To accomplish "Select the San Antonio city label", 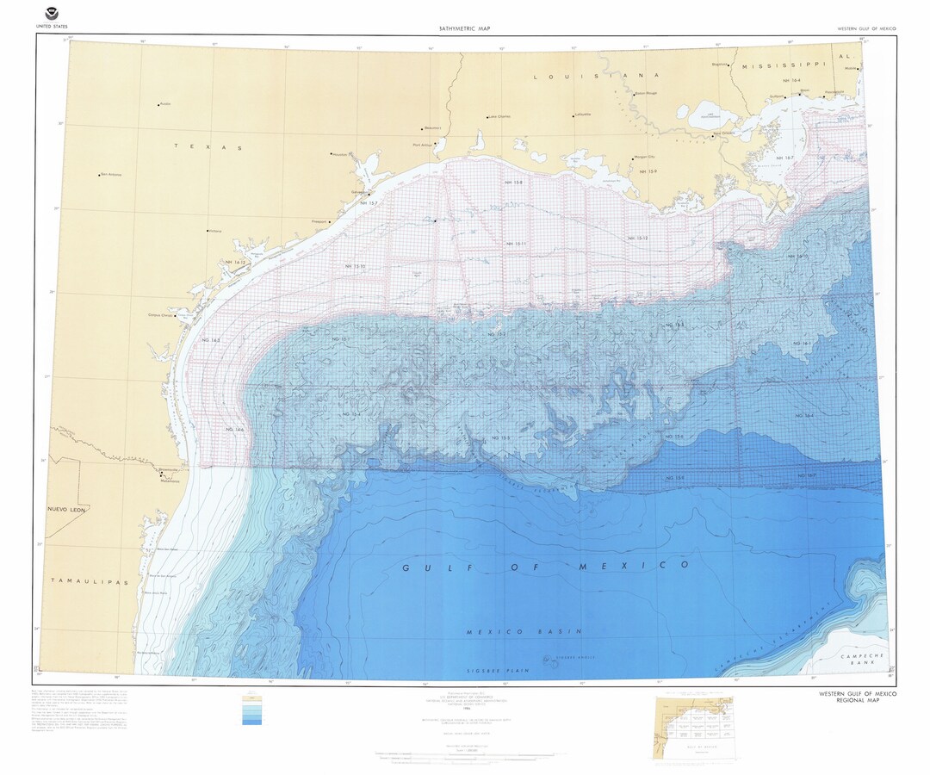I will (111, 174).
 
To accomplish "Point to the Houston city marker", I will (332, 155).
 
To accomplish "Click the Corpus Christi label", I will (161, 314).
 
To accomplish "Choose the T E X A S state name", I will (208, 147).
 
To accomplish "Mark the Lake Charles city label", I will (499, 116).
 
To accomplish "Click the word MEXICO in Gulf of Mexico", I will (634, 565).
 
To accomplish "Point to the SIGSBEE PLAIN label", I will (495, 670).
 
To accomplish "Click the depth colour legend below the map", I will (251, 710).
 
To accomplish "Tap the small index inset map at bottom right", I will (697, 728).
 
